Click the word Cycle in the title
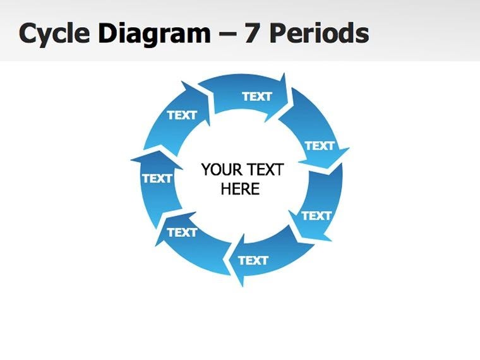(x=54, y=33)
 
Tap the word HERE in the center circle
(x=240, y=189)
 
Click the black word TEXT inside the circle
(x=265, y=170)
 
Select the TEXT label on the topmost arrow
(x=256, y=97)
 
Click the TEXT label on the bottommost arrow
(x=253, y=260)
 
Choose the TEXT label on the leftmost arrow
(x=157, y=179)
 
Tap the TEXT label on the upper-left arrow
(x=182, y=115)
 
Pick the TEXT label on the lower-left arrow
(x=182, y=232)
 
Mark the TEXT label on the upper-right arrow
(x=320, y=146)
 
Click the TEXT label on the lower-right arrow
(x=316, y=216)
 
